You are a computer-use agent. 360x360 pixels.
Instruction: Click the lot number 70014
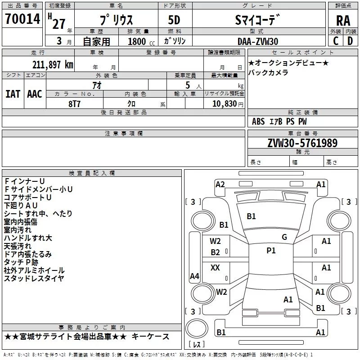(22, 19)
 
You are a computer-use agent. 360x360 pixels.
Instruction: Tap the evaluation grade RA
(343, 21)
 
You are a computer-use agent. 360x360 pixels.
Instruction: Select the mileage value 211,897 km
(53, 65)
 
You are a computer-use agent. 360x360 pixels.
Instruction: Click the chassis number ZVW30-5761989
(302, 143)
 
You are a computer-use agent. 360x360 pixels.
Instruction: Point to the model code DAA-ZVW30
(258, 41)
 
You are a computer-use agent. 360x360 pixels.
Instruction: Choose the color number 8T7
(74, 104)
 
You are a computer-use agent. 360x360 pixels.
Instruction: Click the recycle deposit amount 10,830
(224, 104)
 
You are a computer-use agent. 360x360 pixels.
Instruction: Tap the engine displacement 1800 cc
(141, 41)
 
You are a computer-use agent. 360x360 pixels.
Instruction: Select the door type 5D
(174, 20)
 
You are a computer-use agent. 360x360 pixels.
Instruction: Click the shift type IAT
(13, 94)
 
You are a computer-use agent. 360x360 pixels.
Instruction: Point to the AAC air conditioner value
(35, 94)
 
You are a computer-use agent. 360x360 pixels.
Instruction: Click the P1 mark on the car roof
(271, 251)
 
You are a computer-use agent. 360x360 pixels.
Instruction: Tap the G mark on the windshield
(284, 237)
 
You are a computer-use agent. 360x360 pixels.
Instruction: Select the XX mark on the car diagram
(215, 267)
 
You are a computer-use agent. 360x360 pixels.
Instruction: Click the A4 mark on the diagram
(194, 276)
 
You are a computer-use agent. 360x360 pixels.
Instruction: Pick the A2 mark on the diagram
(220, 184)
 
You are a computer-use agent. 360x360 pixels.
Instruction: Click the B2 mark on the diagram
(216, 252)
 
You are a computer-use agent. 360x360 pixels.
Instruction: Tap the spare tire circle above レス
(197, 328)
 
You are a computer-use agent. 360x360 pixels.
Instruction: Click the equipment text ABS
(258, 121)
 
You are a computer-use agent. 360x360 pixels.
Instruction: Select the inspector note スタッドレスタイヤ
(34, 278)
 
